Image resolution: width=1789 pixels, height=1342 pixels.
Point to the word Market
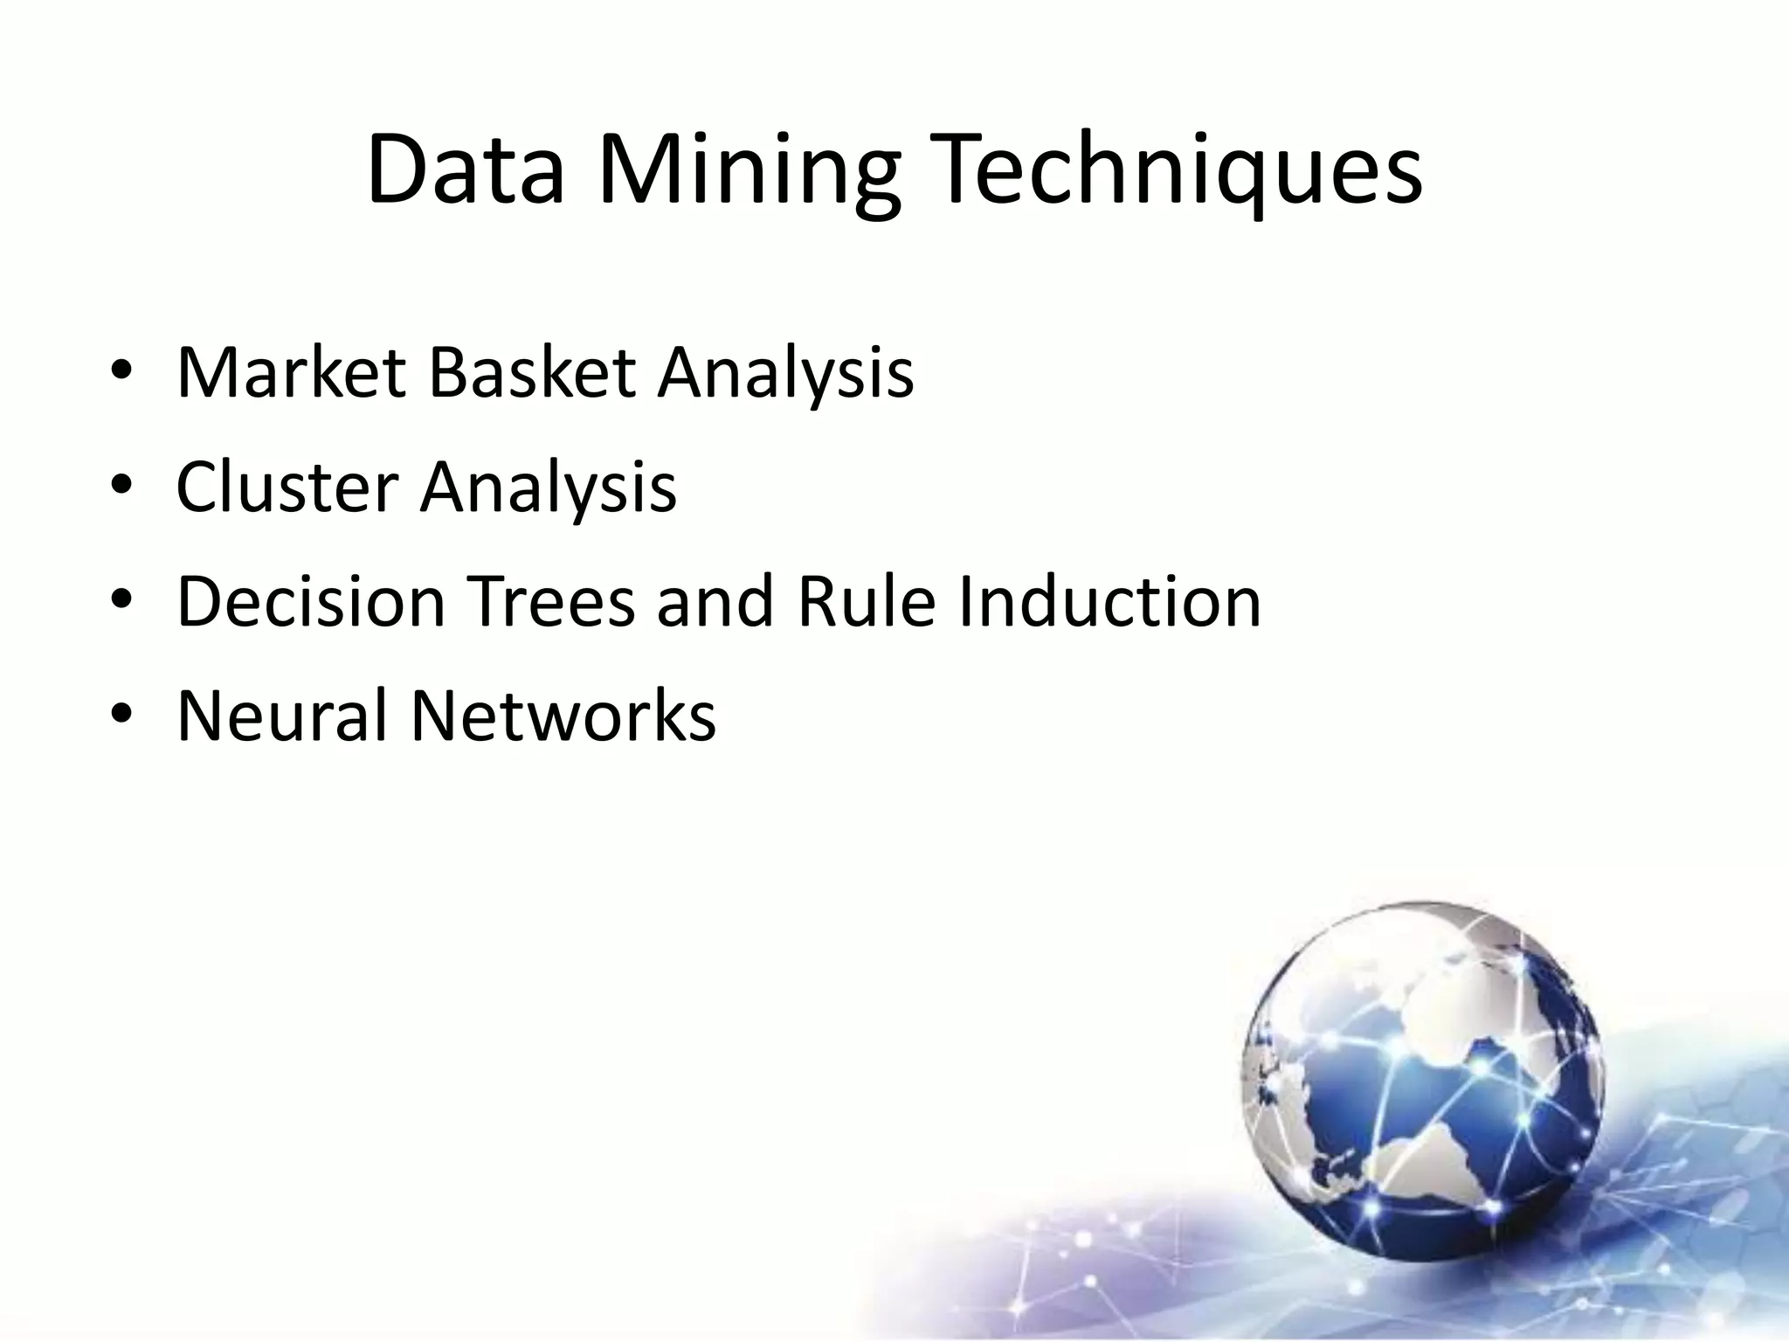(292, 373)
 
